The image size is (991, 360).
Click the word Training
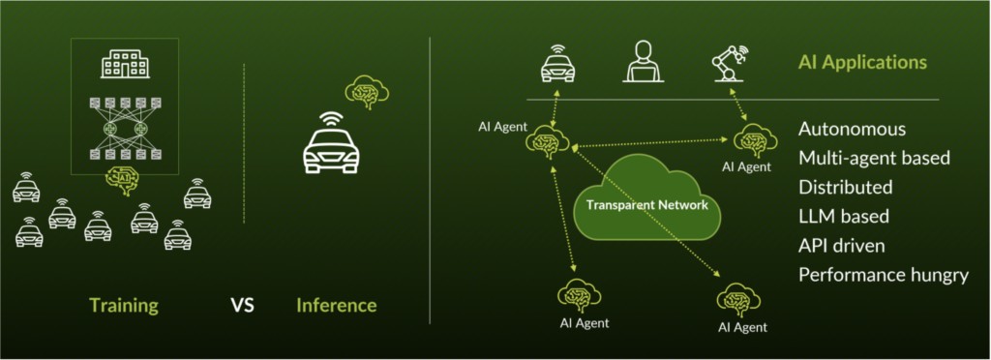(123, 306)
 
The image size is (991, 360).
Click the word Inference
(336, 306)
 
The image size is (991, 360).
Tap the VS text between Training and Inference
(242, 307)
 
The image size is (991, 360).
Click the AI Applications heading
(862, 63)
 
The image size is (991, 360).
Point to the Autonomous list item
(853, 129)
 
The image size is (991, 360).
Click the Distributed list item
(846, 187)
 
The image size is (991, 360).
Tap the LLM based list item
(844, 216)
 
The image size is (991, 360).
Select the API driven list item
(842, 245)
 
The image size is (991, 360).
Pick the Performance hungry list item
(884, 275)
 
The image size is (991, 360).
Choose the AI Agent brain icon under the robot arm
(751, 141)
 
